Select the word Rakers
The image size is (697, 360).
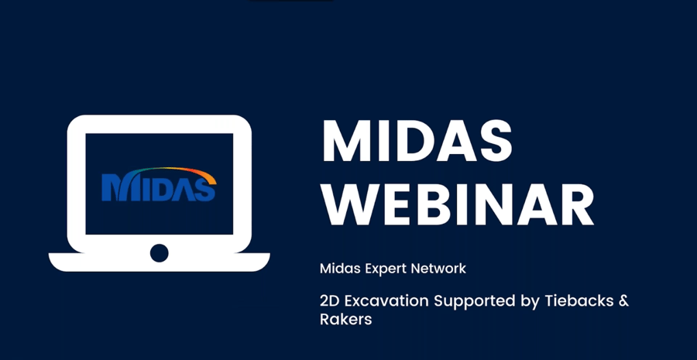(x=346, y=319)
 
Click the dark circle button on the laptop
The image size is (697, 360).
(x=159, y=253)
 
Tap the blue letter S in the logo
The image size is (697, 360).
(x=204, y=190)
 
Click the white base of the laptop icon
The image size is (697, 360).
(x=159, y=262)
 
